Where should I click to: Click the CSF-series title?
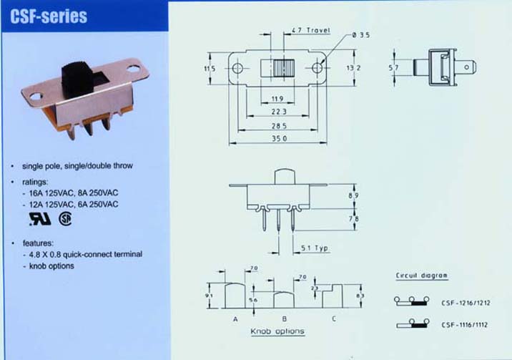[x=49, y=16]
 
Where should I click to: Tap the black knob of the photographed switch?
[x=77, y=79]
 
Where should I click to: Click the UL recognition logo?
[x=40, y=219]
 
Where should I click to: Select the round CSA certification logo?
[x=65, y=218]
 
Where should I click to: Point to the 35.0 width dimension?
[x=279, y=139]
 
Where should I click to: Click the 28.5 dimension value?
[x=279, y=126]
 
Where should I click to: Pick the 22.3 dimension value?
[x=279, y=112]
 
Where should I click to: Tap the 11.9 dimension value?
[x=277, y=99]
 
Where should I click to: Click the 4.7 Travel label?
[x=310, y=30]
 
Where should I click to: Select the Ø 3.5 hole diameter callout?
[x=361, y=35]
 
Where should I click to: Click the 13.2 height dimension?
[x=353, y=67]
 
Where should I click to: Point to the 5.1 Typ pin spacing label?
[x=315, y=248]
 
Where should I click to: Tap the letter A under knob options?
[x=235, y=319]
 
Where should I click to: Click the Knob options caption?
[x=277, y=331]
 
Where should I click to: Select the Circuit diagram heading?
[x=422, y=276]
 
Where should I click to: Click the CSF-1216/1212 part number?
[x=466, y=303]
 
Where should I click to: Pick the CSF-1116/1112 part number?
[x=464, y=325]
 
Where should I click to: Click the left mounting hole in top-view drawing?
[x=237, y=68]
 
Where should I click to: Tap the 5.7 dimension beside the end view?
[x=393, y=67]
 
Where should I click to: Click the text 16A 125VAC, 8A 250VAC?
[x=74, y=193]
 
